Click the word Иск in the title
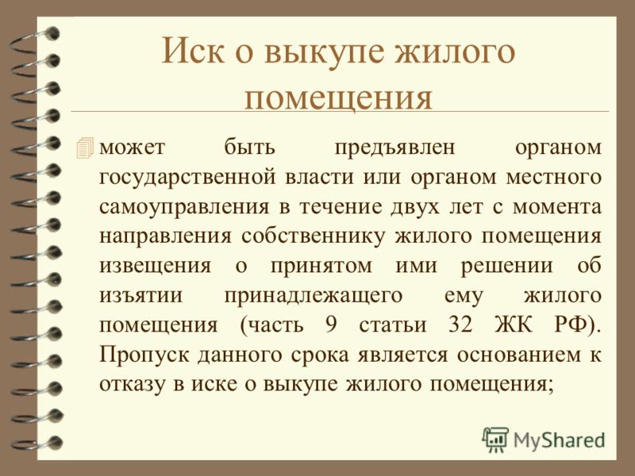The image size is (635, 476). (193, 51)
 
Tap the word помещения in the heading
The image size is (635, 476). (338, 98)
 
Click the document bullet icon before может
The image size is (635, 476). (85, 148)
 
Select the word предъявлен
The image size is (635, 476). (394, 148)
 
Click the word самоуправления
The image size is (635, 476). (184, 208)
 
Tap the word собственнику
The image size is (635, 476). (313, 236)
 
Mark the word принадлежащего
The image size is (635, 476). (313, 296)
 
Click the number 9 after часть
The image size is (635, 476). (331, 324)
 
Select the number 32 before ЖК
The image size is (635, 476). (460, 324)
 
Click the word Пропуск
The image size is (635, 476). (144, 355)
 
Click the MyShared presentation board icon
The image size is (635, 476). (495, 440)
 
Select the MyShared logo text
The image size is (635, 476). (559, 440)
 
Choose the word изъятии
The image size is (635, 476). (141, 295)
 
